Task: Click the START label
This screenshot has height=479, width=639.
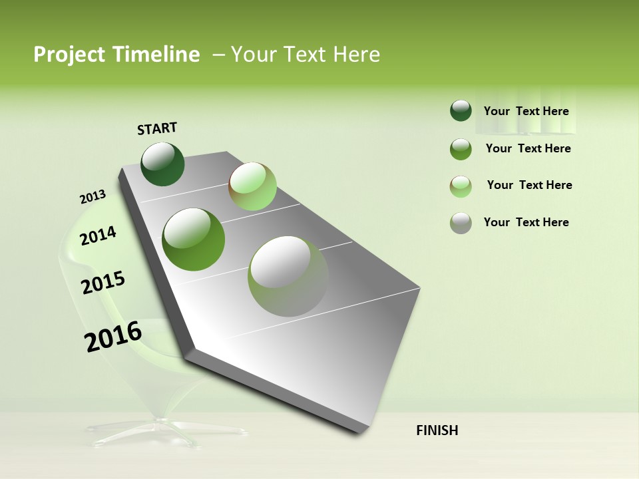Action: (157, 128)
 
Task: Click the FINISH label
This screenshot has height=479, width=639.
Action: (437, 430)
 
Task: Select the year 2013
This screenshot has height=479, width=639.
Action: (93, 197)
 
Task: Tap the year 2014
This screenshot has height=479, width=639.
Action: (98, 236)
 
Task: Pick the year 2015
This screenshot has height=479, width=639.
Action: (103, 283)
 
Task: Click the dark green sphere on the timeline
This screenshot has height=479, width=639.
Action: (162, 164)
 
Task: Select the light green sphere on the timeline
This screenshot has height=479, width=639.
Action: (252, 186)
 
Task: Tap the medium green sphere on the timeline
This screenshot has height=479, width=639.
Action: (193, 239)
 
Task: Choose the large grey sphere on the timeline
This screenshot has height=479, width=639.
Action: (288, 276)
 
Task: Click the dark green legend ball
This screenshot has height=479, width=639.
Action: (461, 110)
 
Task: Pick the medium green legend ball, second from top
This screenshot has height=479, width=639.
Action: (461, 149)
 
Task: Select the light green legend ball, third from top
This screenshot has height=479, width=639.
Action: (461, 186)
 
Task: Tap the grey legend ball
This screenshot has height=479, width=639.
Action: (461, 223)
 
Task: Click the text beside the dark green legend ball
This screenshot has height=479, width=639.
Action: (526, 111)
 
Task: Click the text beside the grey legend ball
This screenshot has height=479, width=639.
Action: (526, 222)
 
